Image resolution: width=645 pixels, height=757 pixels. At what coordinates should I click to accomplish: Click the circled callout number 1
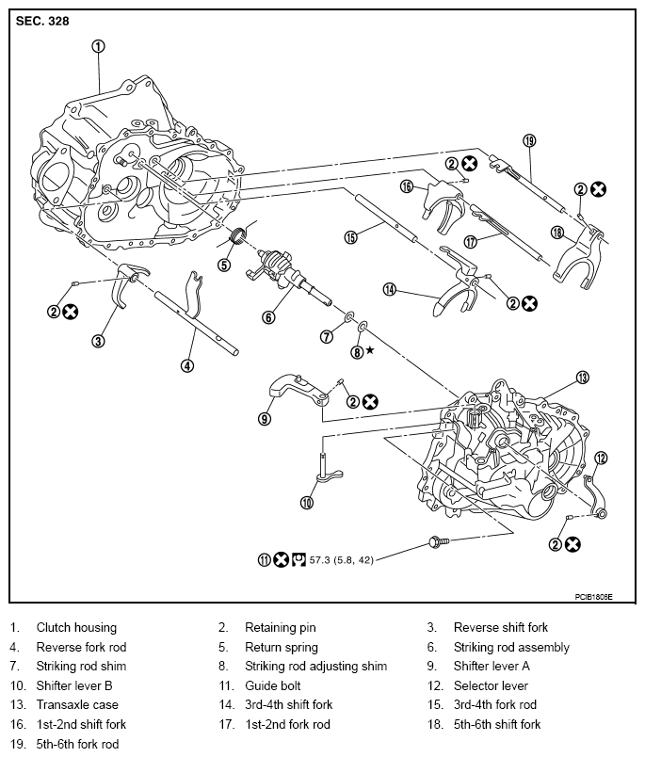[x=99, y=45]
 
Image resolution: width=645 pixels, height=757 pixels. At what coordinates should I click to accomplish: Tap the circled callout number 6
[x=267, y=317]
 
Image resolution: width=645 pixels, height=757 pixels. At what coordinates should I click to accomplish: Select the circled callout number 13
[x=582, y=378]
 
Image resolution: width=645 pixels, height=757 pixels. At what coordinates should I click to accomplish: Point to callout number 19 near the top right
[x=529, y=140]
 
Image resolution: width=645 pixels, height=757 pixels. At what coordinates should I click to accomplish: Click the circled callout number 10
[x=306, y=502]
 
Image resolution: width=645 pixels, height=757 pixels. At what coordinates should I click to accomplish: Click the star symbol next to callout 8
[x=370, y=350]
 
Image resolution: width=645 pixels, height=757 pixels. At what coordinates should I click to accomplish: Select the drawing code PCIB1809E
[x=593, y=596]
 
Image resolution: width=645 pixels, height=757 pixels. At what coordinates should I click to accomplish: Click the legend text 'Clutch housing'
[x=76, y=627]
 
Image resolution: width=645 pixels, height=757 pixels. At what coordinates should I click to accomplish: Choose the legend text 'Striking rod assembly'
[x=511, y=647]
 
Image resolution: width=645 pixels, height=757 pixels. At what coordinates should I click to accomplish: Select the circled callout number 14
[x=389, y=290]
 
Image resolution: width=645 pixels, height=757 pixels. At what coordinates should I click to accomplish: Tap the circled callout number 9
[x=265, y=419]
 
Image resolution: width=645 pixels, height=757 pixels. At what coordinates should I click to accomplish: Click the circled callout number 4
[x=188, y=365]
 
